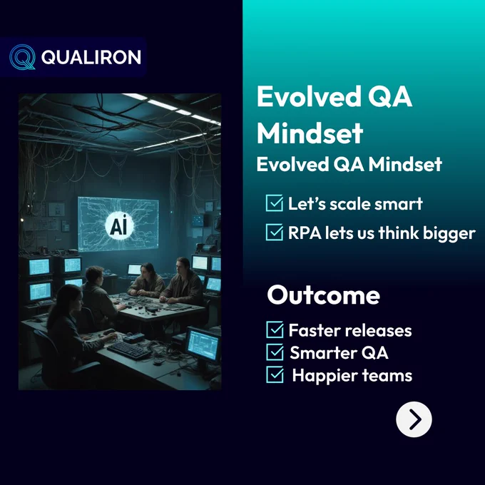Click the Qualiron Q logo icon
tap(22, 57)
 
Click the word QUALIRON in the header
tap(91, 57)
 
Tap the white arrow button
tap(414, 419)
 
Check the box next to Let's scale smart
tap(275, 203)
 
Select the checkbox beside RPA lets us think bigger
tap(275, 233)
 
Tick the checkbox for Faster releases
tap(275, 330)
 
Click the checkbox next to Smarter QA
tap(275, 352)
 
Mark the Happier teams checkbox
tap(275, 374)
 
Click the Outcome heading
tap(324, 295)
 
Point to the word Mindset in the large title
tap(310, 133)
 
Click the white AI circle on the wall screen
tap(119, 225)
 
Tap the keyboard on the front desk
tap(129, 350)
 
